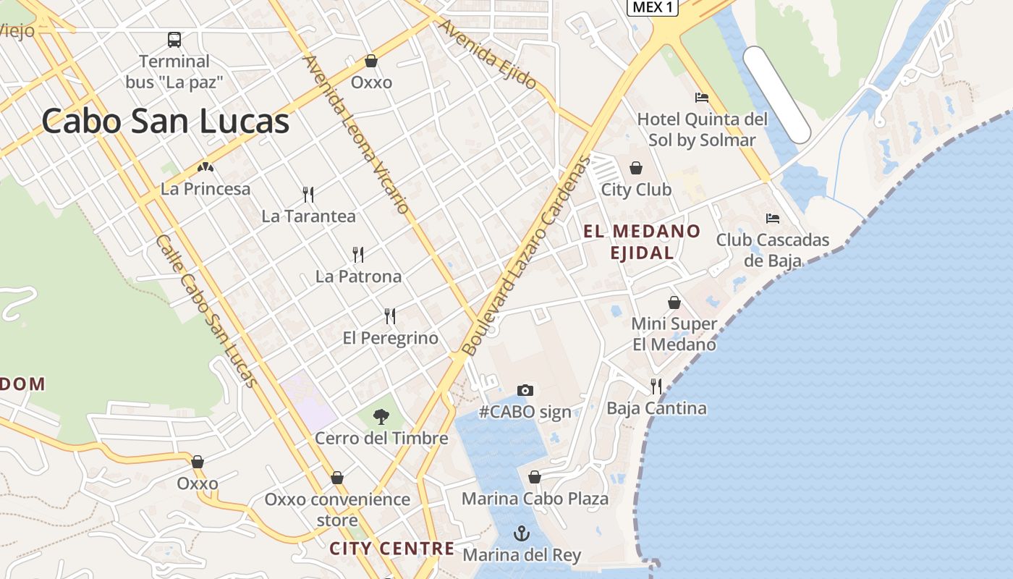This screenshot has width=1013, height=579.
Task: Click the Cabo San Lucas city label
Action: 166,121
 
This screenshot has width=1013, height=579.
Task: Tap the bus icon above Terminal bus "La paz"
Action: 174,39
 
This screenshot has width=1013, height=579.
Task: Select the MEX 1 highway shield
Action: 652,7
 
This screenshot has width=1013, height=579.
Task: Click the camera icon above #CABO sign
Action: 525,390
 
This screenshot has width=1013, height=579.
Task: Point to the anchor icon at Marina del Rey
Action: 521,533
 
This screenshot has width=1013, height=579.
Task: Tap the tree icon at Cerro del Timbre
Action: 381,416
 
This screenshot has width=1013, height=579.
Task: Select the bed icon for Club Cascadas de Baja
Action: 773,218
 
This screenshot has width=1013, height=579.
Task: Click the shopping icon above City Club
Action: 636,168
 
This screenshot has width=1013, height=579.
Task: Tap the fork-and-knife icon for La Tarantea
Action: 308,194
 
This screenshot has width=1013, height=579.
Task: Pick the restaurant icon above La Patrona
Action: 358,254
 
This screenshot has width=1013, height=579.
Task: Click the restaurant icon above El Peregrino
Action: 390,316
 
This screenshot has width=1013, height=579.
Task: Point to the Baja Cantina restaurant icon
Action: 656,386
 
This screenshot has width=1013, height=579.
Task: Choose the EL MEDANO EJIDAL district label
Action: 642,242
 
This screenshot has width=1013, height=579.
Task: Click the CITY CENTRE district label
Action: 392,549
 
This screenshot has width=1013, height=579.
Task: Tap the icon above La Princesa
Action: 205,168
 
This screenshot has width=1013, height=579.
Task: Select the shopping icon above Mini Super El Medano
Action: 674,303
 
